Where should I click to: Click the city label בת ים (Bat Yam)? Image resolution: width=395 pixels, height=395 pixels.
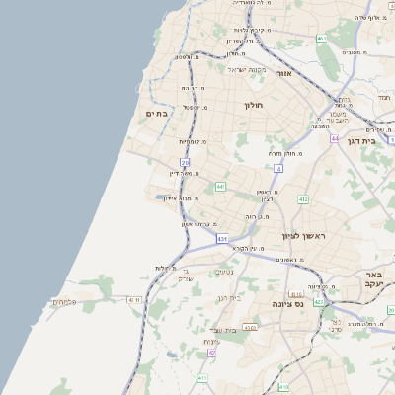pyautogui.click(x=157, y=114)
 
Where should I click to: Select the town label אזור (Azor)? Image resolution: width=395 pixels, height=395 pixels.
pyautogui.click(x=284, y=73)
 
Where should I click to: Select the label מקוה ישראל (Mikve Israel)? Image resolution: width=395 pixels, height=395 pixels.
pyautogui.click(x=248, y=69)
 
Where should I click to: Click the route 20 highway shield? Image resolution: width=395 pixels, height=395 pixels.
pyautogui.click(x=185, y=161)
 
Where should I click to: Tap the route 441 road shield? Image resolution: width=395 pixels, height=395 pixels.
pyautogui.click(x=220, y=186)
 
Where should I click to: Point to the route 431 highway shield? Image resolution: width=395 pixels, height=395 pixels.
pyautogui.click(x=223, y=239)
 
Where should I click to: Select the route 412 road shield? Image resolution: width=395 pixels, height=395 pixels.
pyautogui.click(x=303, y=199)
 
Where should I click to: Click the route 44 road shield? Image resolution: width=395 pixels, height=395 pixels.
pyautogui.click(x=336, y=139)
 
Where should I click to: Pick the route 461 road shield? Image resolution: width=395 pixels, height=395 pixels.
pyautogui.click(x=321, y=39)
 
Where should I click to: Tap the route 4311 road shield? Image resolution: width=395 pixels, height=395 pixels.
pyautogui.click(x=135, y=299)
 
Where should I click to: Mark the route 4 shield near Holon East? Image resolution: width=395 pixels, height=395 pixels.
pyautogui.click(x=279, y=168)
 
